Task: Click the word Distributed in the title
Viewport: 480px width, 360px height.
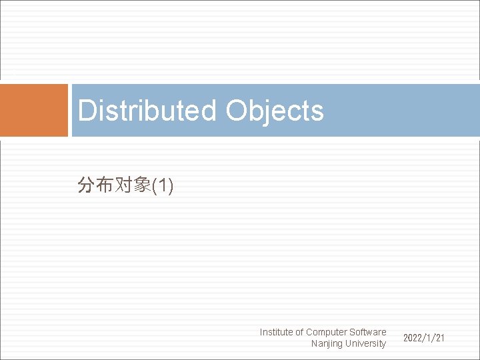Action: pos(147,111)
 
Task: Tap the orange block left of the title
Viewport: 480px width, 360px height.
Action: pos(34,110)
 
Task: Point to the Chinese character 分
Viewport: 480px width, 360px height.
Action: pos(86,185)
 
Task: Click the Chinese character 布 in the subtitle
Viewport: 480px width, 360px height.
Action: pos(105,185)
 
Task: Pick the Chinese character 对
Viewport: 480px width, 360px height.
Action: pos(123,185)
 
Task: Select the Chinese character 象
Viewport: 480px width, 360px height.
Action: pos(142,185)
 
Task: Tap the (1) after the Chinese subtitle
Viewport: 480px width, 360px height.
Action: pos(163,186)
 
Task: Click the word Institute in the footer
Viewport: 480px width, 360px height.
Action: pos(276,332)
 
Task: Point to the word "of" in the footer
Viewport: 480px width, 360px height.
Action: pos(299,332)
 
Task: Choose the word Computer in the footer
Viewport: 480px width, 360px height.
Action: pos(326,332)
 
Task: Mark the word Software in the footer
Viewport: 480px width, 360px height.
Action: pos(367,332)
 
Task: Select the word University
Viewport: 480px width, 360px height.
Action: pos(366,343)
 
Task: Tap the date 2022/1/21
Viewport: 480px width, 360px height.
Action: pos(423,339)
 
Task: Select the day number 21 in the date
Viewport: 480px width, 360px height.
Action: pos(439,339)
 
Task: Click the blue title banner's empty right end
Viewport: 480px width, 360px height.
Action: pos(413,110)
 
